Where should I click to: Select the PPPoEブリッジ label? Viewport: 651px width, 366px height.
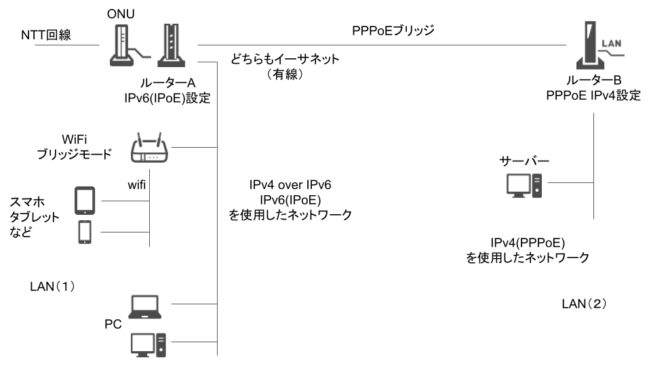click(x=393, y=30)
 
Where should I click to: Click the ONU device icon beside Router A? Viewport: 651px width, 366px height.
click(x=121, y=46)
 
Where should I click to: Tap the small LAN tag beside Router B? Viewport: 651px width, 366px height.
click(x=612, y=44)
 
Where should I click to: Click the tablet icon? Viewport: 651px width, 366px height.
click(x=85, y=200)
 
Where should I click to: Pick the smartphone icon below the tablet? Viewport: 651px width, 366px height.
click(x=85, y=231)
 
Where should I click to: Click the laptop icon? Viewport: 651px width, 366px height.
click(x=145, y=306)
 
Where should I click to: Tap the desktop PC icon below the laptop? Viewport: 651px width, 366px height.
click(x=146, y=344)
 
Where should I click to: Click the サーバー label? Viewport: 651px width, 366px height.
click(x=524, y=162)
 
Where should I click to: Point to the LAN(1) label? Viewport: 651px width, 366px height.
click(x=52, y=286)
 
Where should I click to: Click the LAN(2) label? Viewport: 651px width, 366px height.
click(x=584, y=302)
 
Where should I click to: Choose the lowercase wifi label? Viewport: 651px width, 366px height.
click(x=137, y=184)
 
